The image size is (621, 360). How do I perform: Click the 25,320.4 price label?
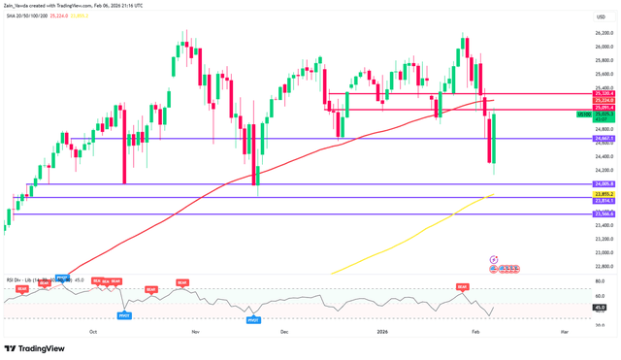tap(580, 93)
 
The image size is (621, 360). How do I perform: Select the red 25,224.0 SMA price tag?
tap(580, 100)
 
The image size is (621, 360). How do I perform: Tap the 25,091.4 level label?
tap(580, 107)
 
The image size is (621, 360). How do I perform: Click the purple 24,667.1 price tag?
tap(580, 139)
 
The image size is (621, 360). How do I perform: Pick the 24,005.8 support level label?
tap(580, 183)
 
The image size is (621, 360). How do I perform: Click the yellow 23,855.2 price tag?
tap(580, 194)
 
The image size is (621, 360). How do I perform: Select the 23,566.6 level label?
tap(580, 213)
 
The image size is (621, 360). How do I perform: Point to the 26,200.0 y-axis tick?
tap(580, 33)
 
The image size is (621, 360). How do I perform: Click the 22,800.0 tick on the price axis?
tap(580, 266)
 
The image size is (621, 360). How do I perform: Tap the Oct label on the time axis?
tap(93, 331)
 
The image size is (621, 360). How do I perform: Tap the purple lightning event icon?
tap(493, 260)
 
